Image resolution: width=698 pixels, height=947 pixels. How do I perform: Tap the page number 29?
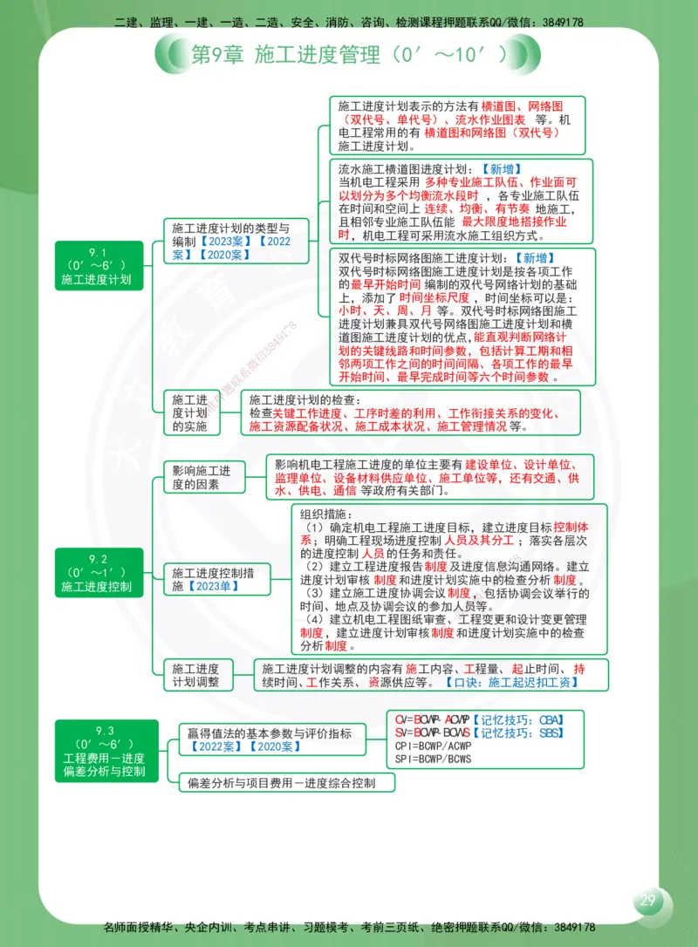(x=647, y=901)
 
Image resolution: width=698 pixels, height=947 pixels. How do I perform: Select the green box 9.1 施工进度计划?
(x=97, y=267)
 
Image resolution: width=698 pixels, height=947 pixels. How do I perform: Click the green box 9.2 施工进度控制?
(x=97, y=574)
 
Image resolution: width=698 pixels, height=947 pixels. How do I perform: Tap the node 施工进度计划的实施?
(x=189, y=412)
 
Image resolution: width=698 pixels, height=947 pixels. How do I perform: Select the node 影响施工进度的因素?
(x=202, y=477)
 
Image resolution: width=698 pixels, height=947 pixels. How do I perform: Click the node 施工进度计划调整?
(x=195, y=675)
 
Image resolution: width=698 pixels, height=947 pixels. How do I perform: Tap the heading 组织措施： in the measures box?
(x=324, y=514)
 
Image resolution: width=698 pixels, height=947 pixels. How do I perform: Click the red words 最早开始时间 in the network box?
(x=386, y=284)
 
